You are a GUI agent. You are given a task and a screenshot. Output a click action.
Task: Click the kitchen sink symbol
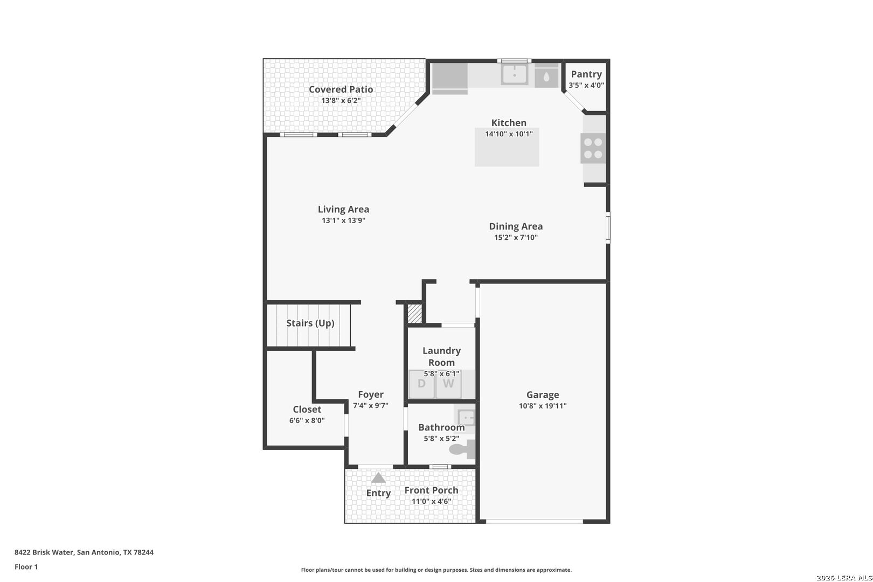point(515,74)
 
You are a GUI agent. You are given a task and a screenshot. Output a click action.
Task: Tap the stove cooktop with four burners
point(593,148)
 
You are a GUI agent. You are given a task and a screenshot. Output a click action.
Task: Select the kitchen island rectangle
point(507,147)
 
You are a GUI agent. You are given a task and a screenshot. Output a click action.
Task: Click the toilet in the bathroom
point(462,449)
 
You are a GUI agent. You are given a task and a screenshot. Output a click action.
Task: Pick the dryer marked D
point(421,384)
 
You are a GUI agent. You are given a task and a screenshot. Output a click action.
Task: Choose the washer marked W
point(448,384)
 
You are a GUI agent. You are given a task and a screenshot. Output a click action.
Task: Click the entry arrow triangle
point(378,478)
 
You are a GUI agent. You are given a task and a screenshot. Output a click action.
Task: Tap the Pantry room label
point(586,74)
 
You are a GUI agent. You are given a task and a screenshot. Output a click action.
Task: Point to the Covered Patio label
point(341,89)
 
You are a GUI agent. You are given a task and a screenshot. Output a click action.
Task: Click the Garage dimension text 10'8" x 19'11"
point(543,406)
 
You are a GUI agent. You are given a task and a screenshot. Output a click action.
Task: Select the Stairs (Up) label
point(310,323)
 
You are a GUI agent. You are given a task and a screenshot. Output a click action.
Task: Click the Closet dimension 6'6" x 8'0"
point(307,421)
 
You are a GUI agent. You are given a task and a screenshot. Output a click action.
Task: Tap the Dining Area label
point(516,226)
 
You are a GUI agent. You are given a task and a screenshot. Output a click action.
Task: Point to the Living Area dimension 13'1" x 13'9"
point(343,220)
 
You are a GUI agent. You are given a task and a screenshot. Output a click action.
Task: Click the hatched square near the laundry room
point(415,314)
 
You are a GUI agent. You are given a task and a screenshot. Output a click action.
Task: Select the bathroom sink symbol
point(466,418)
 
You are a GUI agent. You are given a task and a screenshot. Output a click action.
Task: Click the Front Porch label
point(431,490)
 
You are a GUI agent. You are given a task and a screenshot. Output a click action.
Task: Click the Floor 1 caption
point(26,567)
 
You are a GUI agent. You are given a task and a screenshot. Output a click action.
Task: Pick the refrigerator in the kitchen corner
point(450,79)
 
